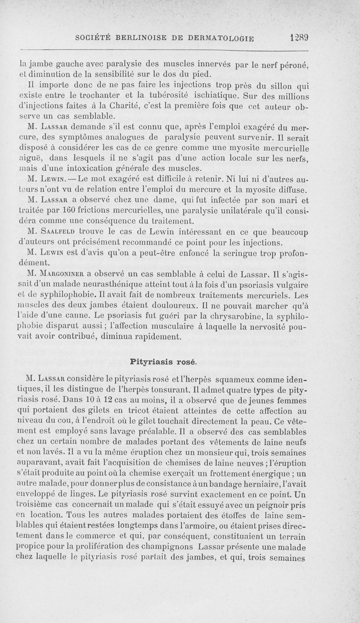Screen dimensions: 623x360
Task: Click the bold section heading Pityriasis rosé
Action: pyautogui.click(x=162, y=361)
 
